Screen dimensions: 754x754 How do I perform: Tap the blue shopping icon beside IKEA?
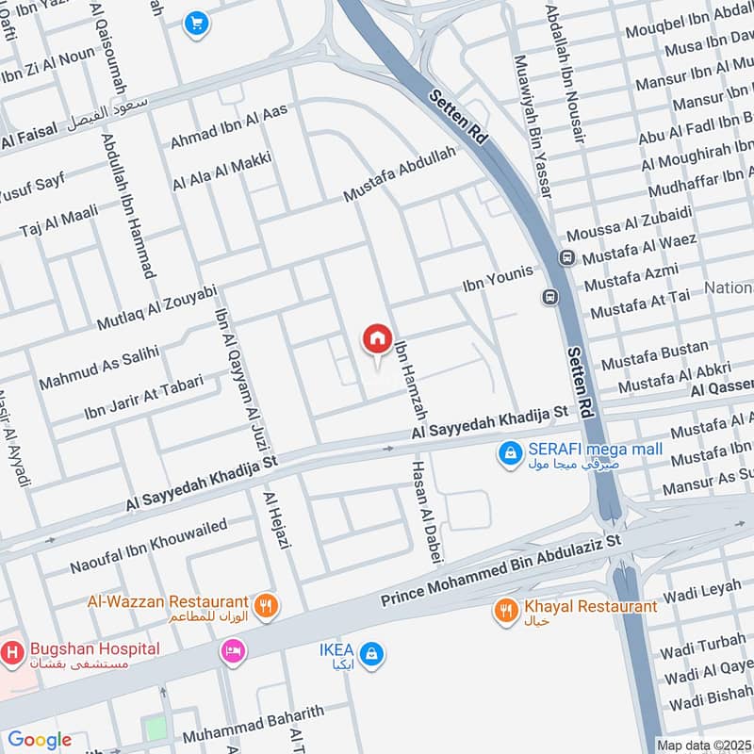372,653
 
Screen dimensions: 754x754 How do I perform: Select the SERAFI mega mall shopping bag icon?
510,454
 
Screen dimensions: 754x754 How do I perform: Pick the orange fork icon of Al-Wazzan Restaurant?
267,606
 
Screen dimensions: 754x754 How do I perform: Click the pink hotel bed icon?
233,650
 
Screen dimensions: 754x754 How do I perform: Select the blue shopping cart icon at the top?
197,23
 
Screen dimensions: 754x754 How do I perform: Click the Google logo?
40,740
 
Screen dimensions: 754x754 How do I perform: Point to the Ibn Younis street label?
498,278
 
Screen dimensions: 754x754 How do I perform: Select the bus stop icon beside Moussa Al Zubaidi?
566,258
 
